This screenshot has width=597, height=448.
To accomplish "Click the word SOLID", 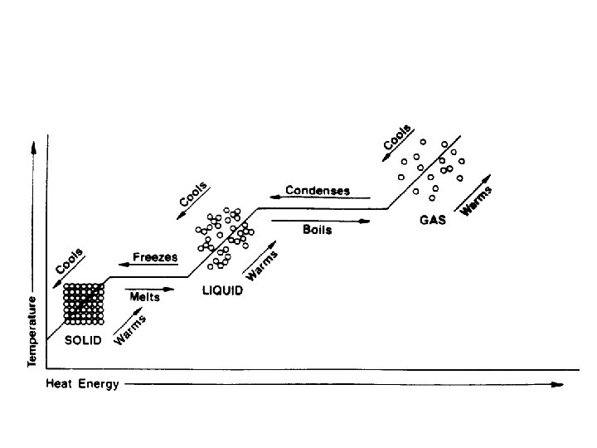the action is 83,341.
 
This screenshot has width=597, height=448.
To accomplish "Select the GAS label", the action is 433,221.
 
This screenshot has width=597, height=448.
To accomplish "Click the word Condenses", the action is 318,191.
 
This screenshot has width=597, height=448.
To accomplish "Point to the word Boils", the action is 318,230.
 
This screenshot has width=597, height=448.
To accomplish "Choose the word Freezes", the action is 157,257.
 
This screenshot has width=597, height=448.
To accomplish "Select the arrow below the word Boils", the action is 319,220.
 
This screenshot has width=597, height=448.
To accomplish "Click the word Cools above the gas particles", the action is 396,137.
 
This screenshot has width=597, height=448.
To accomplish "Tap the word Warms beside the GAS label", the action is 476,202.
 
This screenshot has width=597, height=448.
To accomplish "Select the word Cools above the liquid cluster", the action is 193,194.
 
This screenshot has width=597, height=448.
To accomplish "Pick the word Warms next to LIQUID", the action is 262,264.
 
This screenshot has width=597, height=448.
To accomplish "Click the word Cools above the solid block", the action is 69,262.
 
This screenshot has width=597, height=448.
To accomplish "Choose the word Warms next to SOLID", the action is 130,329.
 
